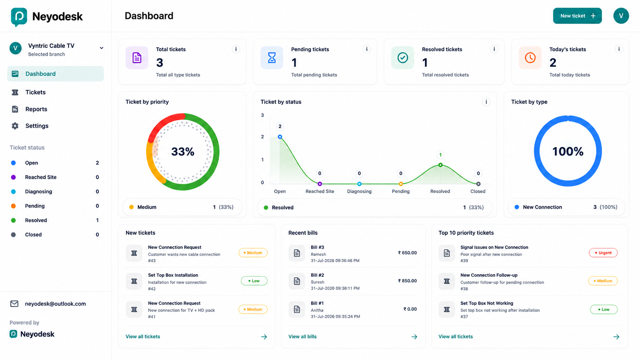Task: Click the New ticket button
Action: click(x=577, y=16)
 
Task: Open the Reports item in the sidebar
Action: click(x=36, y=109)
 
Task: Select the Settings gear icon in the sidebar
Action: click(x=15, y=126)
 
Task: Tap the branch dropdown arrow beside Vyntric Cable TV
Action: click(x=101, y=48)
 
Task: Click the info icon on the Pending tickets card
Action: click(x=367, y=49)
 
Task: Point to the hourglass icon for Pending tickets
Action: click(x=272, y=58)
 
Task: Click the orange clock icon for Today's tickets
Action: click(x=530, y=58)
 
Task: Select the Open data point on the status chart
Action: click(x=280, y=137)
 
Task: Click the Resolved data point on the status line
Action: click(x=440, y=165)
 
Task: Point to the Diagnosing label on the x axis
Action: click(x=359, y=191)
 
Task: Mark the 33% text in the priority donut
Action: click(x=183, y=151)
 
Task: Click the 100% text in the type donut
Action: click(x=568, y=151)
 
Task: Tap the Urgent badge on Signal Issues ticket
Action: click(x=603, y=252)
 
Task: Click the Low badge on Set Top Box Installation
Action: click(x=254, y=281)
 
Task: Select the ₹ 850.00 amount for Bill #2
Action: click(x=407, y=281)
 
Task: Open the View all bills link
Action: click(x=302, y=337)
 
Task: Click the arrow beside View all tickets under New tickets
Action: click(x=264, y=337)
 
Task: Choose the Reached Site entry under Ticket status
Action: click(x=41, y=177)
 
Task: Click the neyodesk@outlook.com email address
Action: click(x=55, y=304)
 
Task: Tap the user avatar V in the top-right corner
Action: click(x=621, y=16)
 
